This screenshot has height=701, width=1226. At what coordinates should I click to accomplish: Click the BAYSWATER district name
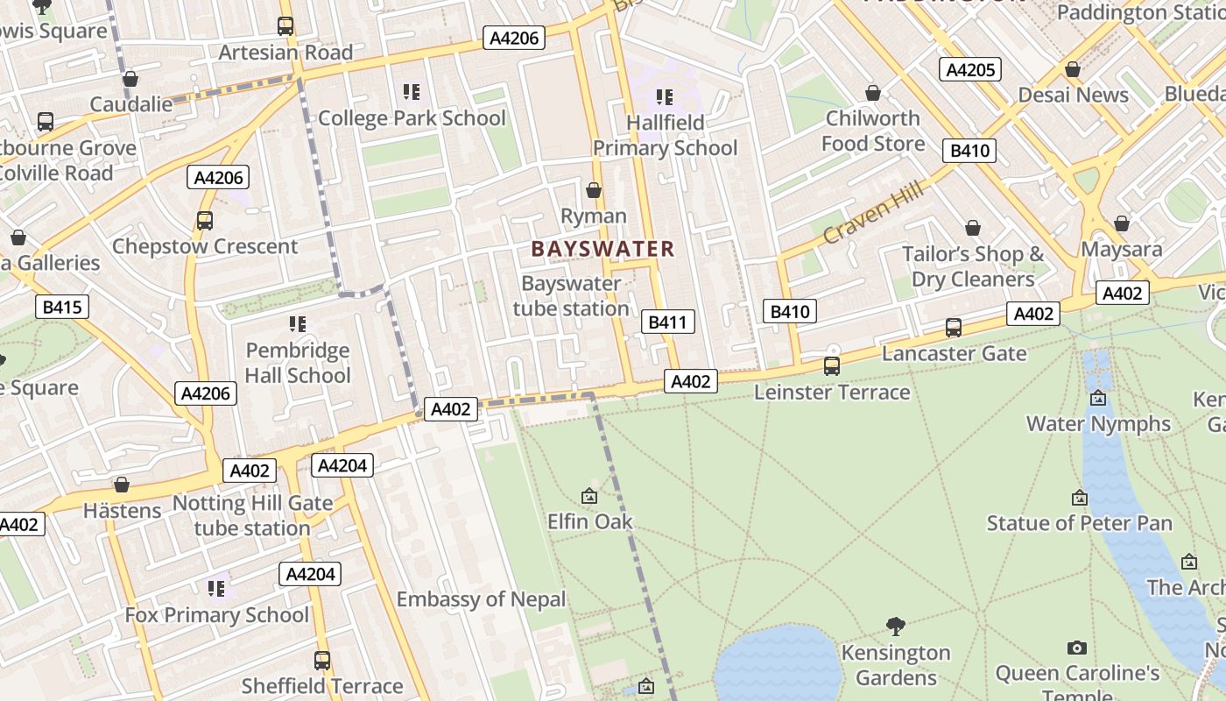[602, 249]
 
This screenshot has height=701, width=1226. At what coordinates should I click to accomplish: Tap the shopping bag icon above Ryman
[594, 190]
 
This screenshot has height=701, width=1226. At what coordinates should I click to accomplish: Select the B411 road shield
[667, 322]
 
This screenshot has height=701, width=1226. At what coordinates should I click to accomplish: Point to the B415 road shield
[62, 307]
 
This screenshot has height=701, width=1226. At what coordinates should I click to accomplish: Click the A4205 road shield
[969, 69]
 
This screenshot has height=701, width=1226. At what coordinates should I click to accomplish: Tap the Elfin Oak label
[589, 521]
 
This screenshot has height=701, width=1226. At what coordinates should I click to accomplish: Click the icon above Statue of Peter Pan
[1080, 498]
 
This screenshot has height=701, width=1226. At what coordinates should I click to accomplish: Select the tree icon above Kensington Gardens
[895, 626]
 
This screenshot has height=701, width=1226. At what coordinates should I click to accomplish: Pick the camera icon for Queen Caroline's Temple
[1077, 648]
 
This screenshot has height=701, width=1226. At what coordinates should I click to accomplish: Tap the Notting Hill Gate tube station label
[252, 515]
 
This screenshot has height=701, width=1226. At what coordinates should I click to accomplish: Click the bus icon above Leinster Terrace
[832, 365]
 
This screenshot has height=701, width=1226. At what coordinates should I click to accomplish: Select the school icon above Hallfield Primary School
[665, 96]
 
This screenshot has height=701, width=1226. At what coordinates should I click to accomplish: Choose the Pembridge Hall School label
[297, 363]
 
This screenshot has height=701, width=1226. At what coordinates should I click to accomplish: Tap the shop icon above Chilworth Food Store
[872, 92]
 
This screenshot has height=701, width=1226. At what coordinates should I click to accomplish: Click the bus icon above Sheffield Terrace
[322, 660]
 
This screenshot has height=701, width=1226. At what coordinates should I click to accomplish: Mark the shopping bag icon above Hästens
[122, 485]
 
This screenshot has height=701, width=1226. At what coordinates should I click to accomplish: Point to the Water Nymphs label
[1098, 423]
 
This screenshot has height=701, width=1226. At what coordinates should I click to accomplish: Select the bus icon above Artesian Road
[285, 26]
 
